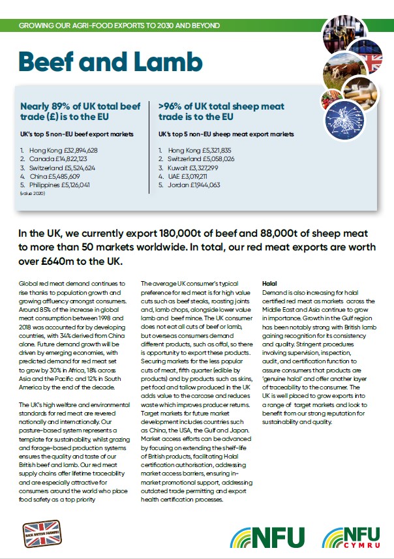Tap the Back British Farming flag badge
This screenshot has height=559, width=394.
tap(42, 533)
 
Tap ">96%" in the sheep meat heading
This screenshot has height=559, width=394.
tap(171, 106)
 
